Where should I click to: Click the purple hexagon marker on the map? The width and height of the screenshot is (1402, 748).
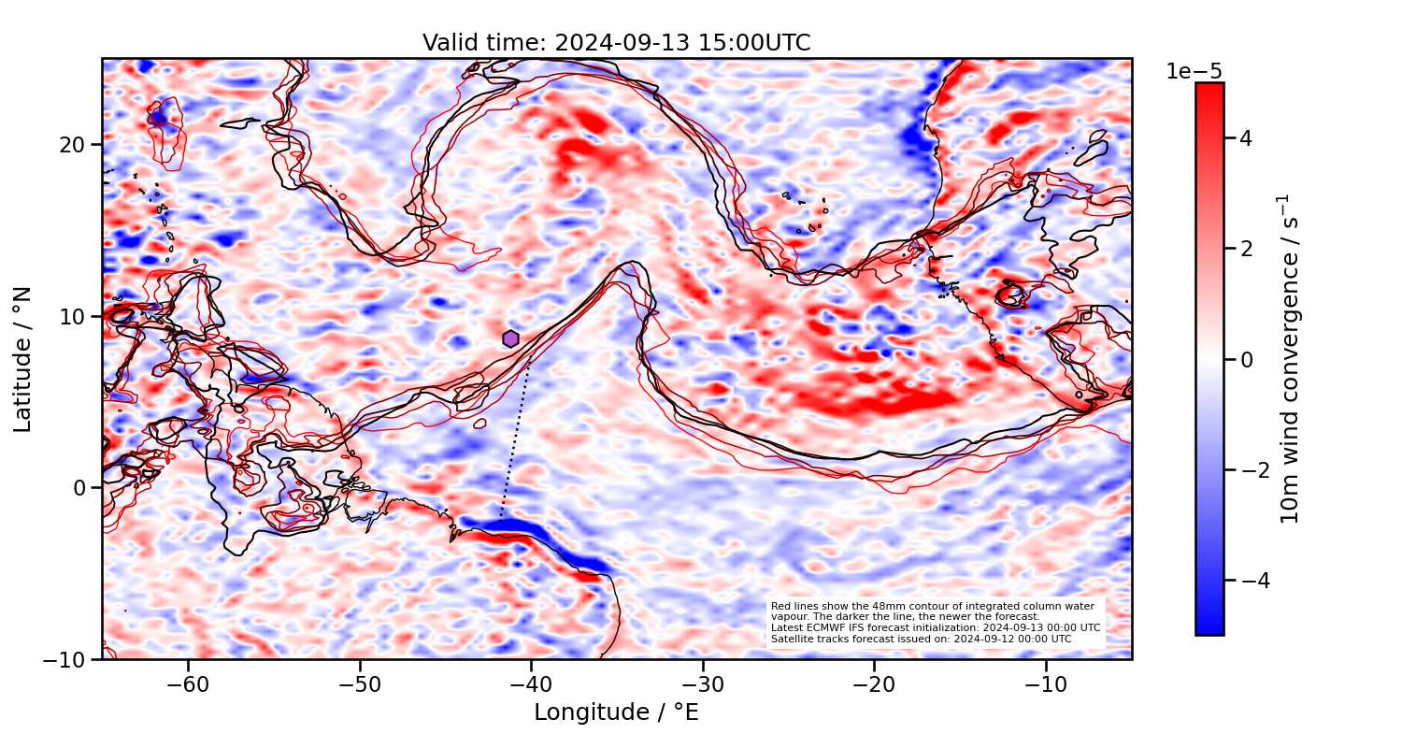tap(510, 338)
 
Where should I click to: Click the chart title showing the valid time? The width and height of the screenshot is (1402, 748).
tap(616, 43)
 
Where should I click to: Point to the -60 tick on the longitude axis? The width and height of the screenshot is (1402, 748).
tap(188, 684)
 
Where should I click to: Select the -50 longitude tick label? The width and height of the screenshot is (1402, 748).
tap(360, 684)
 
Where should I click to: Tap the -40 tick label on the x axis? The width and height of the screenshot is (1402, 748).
tap(531, 684)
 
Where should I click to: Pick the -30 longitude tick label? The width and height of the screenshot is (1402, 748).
tap(703, 684)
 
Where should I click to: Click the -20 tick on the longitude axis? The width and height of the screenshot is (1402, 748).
tap(874, 684)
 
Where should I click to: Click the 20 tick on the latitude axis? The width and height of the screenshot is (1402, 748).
tap(75, 145)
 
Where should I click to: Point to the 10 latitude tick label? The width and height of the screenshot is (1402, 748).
tap(75, 316)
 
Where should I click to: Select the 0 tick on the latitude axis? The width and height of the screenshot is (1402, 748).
tap(80, 487)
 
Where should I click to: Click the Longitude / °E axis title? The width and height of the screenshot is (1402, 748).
tap(616, 712)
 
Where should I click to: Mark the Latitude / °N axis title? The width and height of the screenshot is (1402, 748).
tap(23, 359)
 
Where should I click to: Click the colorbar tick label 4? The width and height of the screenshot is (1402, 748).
tap(1245, 138)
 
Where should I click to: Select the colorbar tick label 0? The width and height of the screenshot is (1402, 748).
tap(1245, 359)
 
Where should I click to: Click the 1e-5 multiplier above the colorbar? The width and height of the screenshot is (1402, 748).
tap(1194, 72)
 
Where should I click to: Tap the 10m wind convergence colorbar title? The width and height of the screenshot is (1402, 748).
tap(1290, 359)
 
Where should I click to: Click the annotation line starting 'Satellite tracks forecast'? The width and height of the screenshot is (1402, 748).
tap(921, 639)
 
